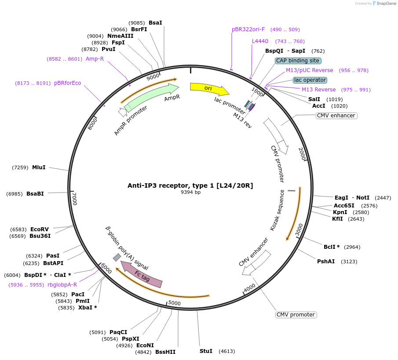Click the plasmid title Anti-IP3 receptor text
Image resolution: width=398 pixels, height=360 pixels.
(x=190, y=185)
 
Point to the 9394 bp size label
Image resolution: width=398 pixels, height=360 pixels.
(x=190, y=192)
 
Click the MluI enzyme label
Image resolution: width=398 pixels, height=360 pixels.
(x=39, y=167)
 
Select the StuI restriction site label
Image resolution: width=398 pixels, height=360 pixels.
(x=206, y=351)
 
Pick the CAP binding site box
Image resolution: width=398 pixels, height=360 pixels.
(x=298, y=61)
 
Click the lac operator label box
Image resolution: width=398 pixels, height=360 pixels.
(x=310, y=80)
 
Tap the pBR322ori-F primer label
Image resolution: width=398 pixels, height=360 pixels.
(x=248, y=29)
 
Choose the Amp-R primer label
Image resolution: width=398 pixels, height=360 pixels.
(x=95, y=59)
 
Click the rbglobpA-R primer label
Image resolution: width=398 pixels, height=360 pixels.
(x=62, y=285)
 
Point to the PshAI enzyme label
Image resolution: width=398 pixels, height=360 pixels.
(x=326, y=262)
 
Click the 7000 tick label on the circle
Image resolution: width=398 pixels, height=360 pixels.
(x=74, y=199)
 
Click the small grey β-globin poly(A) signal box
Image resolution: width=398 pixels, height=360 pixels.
(x=117, y=257)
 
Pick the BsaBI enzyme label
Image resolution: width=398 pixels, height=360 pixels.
(x=35, y=194)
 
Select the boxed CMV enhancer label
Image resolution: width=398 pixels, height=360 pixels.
(x=336, y=116)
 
